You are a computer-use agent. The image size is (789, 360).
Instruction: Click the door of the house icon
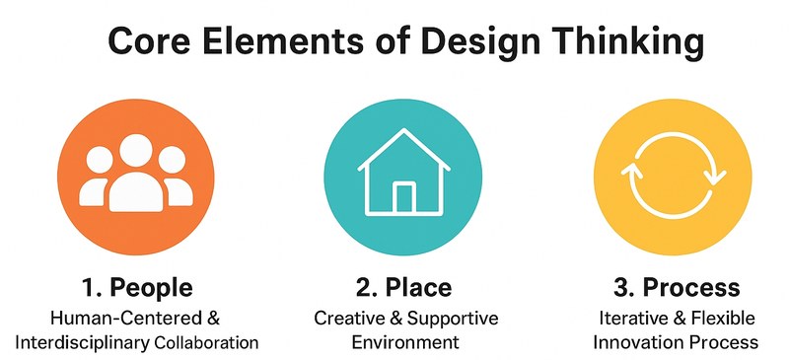(x=404, y=197)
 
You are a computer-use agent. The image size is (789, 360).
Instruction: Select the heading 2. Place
(x=403, y=288)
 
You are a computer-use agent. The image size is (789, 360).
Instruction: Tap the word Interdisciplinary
(x=84, y=343)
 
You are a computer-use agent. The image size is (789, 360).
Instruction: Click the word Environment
(x=404, y=343)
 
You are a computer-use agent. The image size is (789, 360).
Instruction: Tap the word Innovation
(x=633, y=343)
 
